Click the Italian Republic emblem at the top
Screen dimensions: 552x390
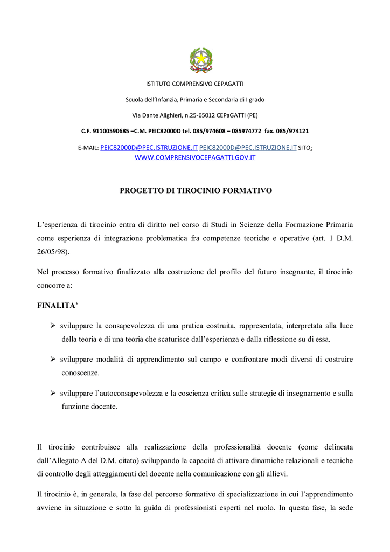pyautogui.click(x=201, y=60)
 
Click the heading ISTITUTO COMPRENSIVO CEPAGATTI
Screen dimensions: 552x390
pyautogui.click(x=195, y=84)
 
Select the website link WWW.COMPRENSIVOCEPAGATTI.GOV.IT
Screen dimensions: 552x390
pyautogui.click(x=194, y=157)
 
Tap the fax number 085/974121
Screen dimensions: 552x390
pyautogui.click(x=294, y=130)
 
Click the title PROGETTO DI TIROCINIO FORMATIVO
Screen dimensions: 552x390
pyautogui.click(x=195, y=191)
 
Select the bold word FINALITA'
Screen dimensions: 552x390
pyautogui.click(x=57, y=306)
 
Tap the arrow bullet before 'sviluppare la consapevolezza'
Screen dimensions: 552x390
pyautogui.click(x=53, y=326)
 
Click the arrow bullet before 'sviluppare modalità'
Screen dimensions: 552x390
pyautogui.click(x=53, y=359)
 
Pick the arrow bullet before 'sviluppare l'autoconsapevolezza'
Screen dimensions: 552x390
pyautogui.click(x=53, y=393)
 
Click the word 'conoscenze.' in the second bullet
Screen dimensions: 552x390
pyautogui.click(x=80, y=372)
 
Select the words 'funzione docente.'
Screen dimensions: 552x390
pyautogui.click(x=89, y=406)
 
